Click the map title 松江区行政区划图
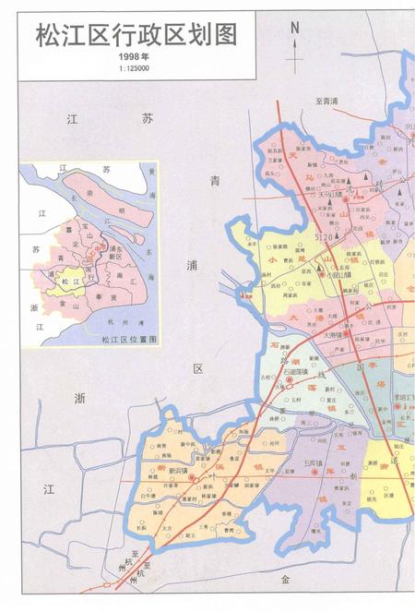click(x=136, y=35)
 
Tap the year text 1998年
click(x=134, y=58)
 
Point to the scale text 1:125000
click(x=134, y=69)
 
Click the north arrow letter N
click(x=295, y=27)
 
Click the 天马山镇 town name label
click(x=329, y=196)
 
